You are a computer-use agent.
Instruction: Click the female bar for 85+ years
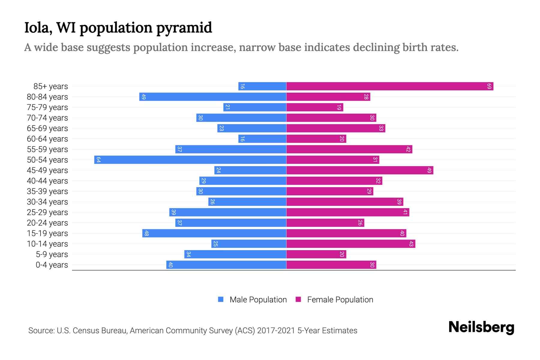(390, 86)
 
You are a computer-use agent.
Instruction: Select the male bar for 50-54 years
(190, 160)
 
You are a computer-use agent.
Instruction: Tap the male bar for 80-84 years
(213, 97)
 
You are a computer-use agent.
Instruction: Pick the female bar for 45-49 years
(360, 170)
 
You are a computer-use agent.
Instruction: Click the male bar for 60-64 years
(262, 139)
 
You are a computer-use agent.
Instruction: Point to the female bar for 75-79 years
(315, 107)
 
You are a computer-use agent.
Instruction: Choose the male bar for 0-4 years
(226, 265)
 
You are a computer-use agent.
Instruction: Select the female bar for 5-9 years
(316, 254)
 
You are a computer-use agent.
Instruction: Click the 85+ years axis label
(51, 86)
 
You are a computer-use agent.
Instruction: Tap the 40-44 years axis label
(47, 181)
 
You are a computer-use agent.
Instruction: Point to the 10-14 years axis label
(47, 244)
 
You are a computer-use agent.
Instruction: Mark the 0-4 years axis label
(52, 265)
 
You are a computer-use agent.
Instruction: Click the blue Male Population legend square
(221, 299)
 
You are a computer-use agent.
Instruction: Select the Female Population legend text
(340, 300)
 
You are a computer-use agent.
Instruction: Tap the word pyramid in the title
(184, 28)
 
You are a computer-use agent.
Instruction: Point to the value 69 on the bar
(489, 86)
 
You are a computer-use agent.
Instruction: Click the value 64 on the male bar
(98, 160)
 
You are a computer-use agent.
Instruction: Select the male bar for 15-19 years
(214, 233)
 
